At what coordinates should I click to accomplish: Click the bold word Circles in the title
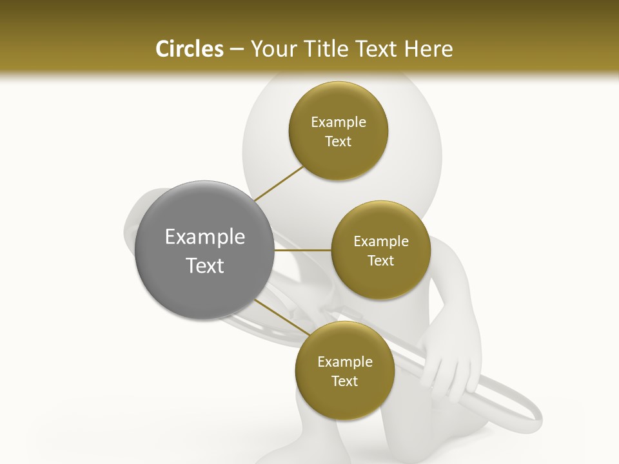pos(189,49)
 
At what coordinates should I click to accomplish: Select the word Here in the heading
pos(429,49)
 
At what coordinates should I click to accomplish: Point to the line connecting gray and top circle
pos(279,184)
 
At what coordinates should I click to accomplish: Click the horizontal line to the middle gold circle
pos(302,250)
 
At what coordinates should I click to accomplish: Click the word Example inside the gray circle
pos(204,237)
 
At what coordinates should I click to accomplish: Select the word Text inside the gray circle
pos(204,266)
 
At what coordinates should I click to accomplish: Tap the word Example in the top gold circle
pos(338,122)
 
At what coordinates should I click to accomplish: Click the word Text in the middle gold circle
pos(380,261)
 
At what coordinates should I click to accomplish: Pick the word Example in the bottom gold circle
pos(344,362)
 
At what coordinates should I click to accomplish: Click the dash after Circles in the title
pos(236,50)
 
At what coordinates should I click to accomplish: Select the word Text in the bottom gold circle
pos(344,382)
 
